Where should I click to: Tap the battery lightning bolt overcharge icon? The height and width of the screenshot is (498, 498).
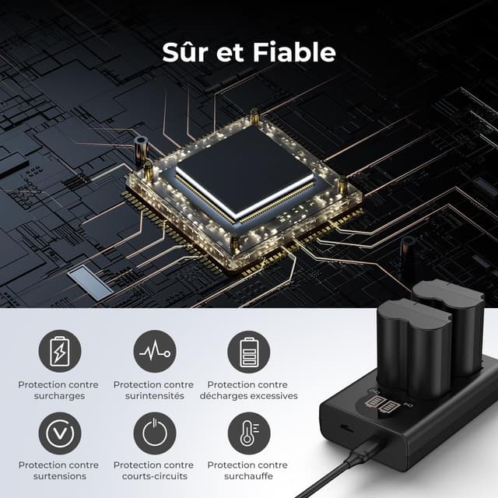coord(59,352)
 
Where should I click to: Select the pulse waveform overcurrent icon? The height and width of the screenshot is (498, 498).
coord(154,352)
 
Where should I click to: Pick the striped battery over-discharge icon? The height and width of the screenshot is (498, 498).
coord(248,352)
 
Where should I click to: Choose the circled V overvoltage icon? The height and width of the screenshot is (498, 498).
coord(59,433)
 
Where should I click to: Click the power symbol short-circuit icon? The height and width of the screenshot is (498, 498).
coord(154,433)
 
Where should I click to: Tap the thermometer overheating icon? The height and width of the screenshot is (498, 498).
coord(248,433)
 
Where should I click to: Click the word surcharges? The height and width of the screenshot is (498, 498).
coord(58,396)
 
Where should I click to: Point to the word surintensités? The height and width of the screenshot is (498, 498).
coord(153,396)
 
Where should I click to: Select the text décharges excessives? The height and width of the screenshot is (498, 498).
coord(248,396)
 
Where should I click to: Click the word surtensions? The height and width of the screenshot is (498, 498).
coord(58,476)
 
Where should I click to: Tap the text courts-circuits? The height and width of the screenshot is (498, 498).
coord(153,476)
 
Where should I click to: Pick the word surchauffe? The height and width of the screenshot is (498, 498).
coord(248,476)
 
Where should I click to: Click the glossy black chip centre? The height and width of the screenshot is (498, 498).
coord(243,170)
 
